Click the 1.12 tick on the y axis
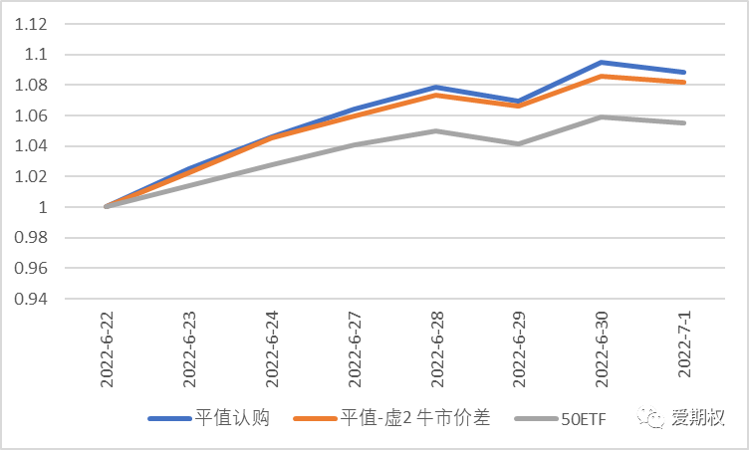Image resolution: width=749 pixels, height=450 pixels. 32,24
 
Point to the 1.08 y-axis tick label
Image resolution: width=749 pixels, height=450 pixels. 32,85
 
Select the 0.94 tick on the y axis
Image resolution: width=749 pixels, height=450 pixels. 32,299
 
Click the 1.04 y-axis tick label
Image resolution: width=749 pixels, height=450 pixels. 32,146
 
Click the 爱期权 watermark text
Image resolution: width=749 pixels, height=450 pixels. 705,419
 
